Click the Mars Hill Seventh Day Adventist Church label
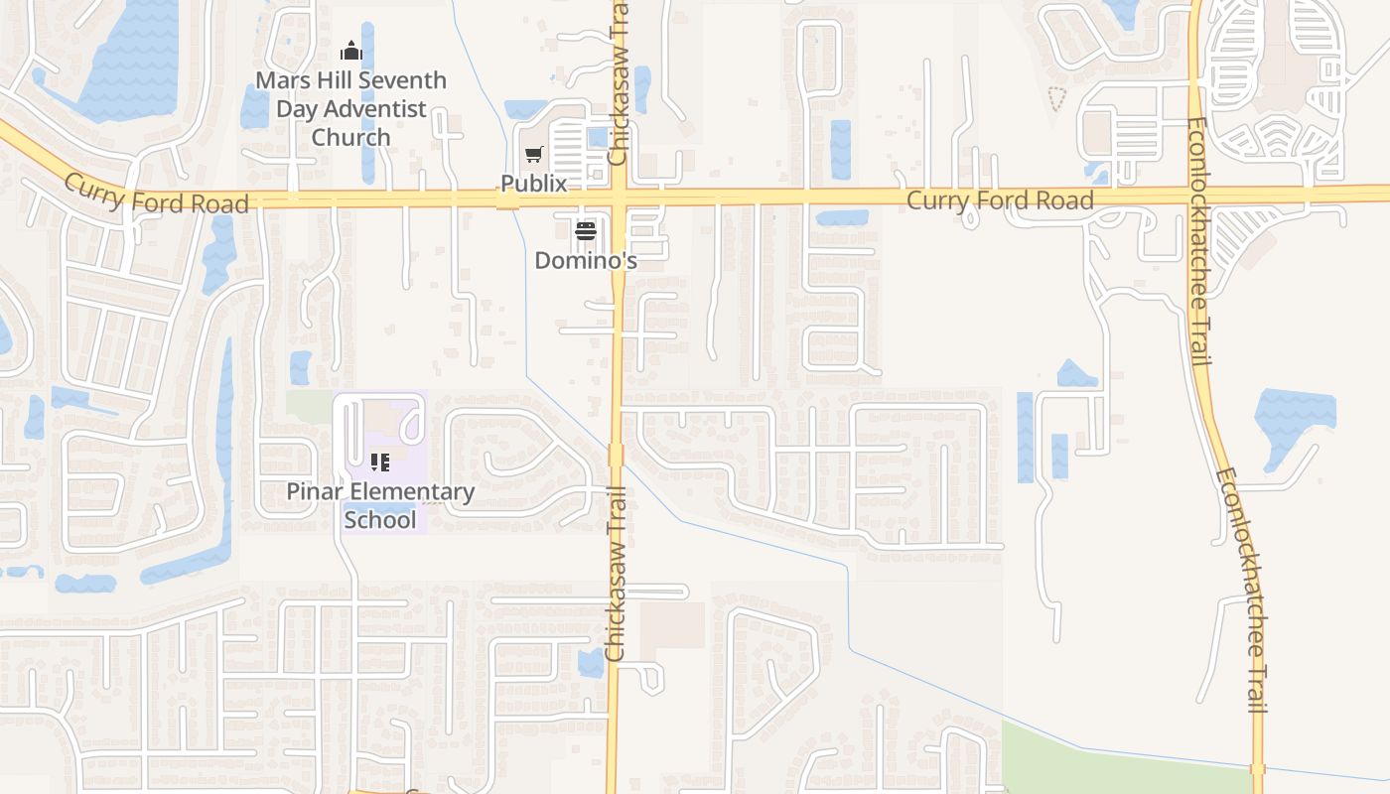click(x=350, y=108)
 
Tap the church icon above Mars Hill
click(x=350, y=51)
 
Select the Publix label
click(x=533, y=184)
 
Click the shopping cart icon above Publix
click(x=534, y=155)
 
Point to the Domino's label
click(x=585, y=260)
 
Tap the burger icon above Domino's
click(x=585, y=232)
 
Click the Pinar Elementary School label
click(x=380, y=505)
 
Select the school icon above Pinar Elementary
click(x=380, y=462)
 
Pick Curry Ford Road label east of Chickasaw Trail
click(x=1000, y=200)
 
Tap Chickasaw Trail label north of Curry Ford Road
click(x=619, y=84)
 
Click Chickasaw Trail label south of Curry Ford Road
click(x=616, y=574)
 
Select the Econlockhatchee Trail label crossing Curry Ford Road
click(x=1198, y=241)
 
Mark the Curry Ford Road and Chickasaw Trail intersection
click(x=618, y=198)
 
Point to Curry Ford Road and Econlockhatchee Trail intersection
click(x=1195, y=194)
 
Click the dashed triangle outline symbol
click(x=1057, y=97)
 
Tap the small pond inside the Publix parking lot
click(x=598, y=137)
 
